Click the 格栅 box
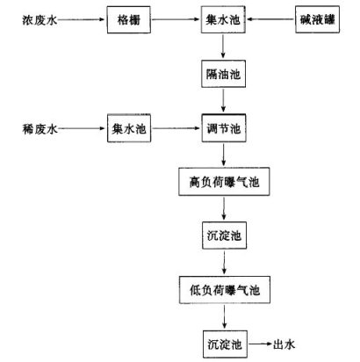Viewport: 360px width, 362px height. (129, 19)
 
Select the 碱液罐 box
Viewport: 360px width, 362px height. (317, 19)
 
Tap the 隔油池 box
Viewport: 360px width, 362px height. (223, 74)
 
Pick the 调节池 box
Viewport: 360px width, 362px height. (224, 128)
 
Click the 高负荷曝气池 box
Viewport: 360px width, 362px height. (224, 182)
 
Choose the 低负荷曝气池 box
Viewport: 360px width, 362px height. (225, 290)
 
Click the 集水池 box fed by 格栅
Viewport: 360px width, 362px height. (223, 19)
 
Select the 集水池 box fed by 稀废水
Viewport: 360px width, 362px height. (129, 128)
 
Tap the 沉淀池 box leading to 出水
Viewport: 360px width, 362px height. (225, 344)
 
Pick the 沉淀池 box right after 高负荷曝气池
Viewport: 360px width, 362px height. (224, 235)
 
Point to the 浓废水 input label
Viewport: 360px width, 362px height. (40, 20)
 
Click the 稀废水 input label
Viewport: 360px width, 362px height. (40, 128)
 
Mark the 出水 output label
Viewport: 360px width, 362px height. (284, 344)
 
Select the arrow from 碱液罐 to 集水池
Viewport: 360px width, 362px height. (270, 19)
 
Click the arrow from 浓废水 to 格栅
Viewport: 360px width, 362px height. (81, 19)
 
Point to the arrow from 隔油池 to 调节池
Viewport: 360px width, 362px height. (223, 100)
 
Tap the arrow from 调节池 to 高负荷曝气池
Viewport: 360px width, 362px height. (224, 155)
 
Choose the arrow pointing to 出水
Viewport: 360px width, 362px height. (260, 344)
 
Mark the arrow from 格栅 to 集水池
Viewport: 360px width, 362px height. (176, 19)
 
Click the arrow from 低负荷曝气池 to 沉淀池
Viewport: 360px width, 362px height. (225, 316)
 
